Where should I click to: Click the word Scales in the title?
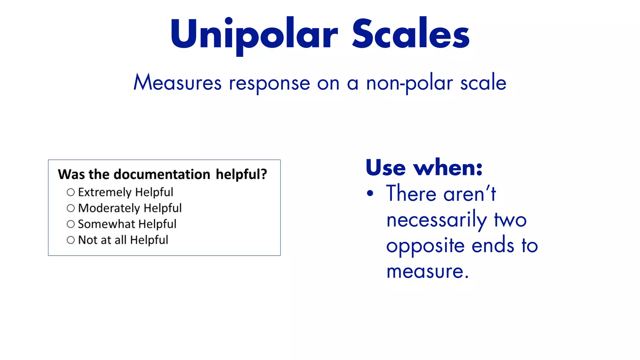tap(411, 34)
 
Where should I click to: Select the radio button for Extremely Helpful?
tap(71, 192)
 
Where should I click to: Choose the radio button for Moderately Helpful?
tap(71, 208)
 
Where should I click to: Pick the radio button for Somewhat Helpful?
tap(71, 224)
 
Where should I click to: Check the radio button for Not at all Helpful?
tap(71, 240)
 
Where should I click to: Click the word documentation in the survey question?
tap(162, 174)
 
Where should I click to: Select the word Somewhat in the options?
tap(106, 224)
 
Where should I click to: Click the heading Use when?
tap(424, 168)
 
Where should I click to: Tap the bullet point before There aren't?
tap(370, 193)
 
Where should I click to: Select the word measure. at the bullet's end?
tap(427, 271)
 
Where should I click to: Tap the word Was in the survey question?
tap(71, 174)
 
